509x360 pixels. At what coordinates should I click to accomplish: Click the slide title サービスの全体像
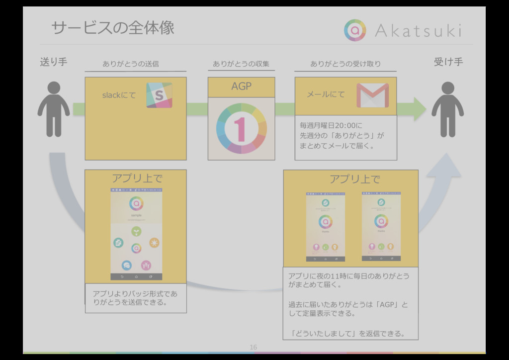113,28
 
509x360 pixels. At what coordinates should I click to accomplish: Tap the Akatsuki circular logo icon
354,30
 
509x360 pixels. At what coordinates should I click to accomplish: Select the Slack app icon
159,95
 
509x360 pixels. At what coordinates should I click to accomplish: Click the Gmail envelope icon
372,95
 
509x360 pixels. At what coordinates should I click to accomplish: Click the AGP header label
241,87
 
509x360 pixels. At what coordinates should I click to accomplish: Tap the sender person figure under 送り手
53,109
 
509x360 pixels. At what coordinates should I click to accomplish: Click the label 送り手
53,62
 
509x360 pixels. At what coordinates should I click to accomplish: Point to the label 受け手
448,62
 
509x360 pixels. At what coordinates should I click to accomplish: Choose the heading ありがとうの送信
131,64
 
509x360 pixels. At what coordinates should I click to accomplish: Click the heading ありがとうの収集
241,64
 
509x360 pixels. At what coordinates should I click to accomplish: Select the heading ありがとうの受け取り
345,64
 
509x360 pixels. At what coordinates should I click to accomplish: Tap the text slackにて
119,95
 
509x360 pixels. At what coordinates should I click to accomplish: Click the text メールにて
326,94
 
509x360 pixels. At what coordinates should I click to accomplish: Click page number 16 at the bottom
254,347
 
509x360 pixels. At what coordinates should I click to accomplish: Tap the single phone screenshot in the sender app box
136,234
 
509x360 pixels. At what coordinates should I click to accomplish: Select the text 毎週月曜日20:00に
332,125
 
